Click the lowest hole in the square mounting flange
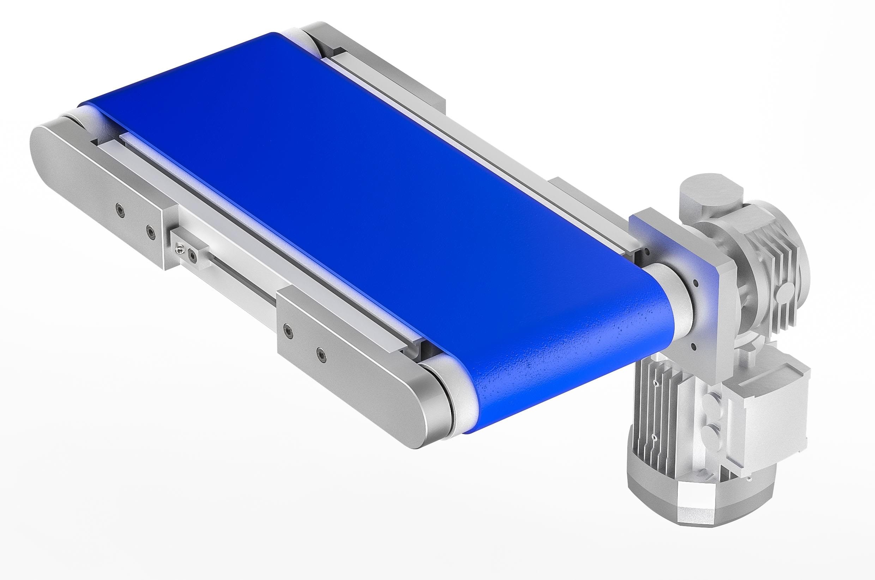pyautogui.click(x=695, y=346)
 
